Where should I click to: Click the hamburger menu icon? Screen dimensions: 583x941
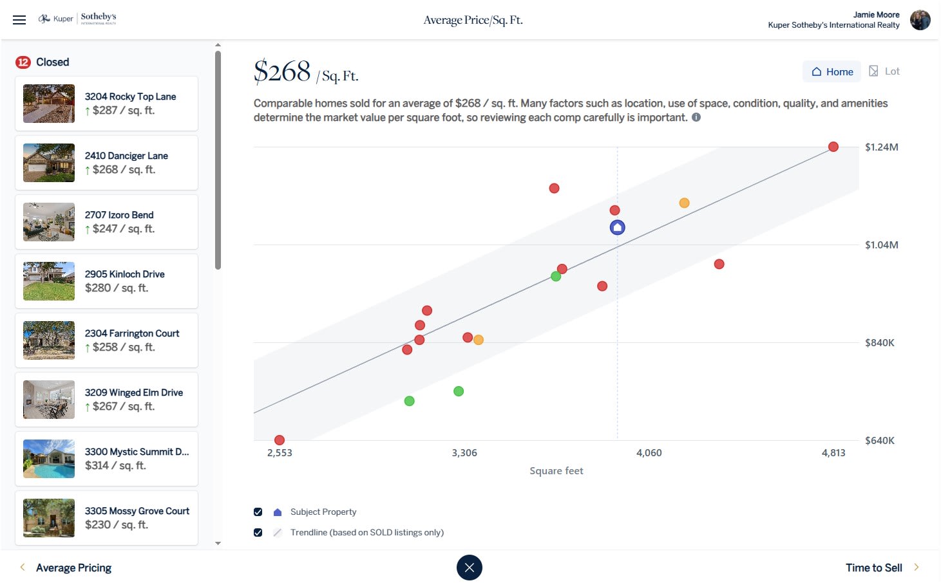pos(19,20)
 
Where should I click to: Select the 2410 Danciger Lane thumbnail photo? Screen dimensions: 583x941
pos(49,163)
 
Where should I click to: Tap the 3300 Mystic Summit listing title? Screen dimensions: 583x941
pos(137,452)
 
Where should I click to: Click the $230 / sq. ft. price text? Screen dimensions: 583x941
pos(117,525)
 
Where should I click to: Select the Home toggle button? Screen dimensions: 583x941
pos(832,71)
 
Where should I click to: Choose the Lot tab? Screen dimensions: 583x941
pos(884,71)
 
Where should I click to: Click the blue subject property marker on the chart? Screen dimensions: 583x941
pos(617,227)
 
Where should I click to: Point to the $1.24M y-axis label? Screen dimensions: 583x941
pos(881,147)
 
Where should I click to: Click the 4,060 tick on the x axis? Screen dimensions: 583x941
pos(649,453)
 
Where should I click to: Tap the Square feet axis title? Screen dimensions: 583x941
pos(556,471)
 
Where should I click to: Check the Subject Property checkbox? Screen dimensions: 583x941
pos(258,512)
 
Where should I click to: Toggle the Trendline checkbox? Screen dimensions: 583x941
pos(258,533)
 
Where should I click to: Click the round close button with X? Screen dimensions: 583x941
pos(469,568)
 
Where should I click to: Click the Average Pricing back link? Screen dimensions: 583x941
pos(73,568)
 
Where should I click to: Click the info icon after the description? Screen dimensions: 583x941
pos(696,117)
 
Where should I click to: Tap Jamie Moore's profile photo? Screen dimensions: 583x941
pos(920,20)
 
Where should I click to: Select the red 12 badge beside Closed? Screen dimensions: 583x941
pos(23,62)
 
